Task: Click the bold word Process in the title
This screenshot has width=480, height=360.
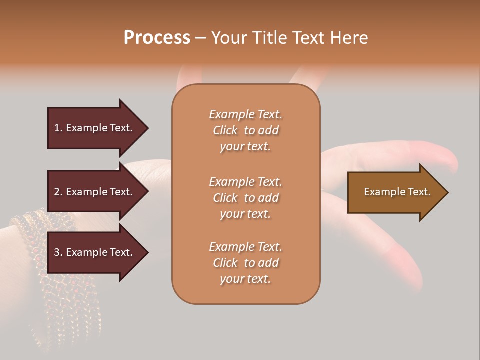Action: coord(157,38)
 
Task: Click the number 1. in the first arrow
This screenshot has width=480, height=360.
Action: coord(58,128)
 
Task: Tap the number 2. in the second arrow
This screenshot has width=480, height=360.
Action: coord(58,192)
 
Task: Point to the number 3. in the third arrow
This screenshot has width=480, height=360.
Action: coord(58,252)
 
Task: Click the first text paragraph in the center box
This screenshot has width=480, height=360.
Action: coord(245,130)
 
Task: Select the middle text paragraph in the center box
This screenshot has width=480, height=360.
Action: coord(245,198)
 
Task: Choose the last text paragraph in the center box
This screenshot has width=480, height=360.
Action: coord(245,263)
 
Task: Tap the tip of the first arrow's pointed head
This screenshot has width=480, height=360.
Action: coord(147,128)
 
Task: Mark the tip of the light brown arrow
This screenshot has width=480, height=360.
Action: coord(447,192)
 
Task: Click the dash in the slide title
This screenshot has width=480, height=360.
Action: coord(200,38)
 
